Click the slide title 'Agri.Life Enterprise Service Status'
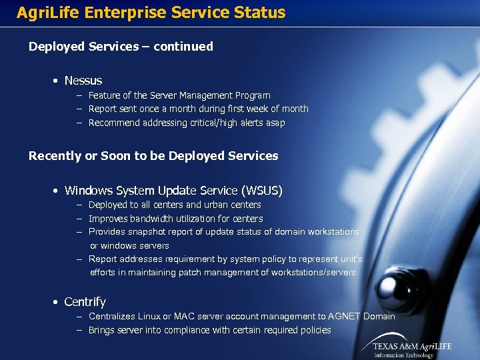coord(151,13)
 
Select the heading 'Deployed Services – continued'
coord(121,47)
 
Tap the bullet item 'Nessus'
coord(83,81)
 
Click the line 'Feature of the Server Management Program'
coord(179,96)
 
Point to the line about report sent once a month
coord(198,109)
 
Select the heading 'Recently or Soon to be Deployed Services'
coord(153,156)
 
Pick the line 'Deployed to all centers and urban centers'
coord(175,205)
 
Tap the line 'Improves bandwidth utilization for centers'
coord(175,219)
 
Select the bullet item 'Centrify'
coord(85,302)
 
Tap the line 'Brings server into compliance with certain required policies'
coord(209,330)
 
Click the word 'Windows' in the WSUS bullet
coord(88,191)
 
